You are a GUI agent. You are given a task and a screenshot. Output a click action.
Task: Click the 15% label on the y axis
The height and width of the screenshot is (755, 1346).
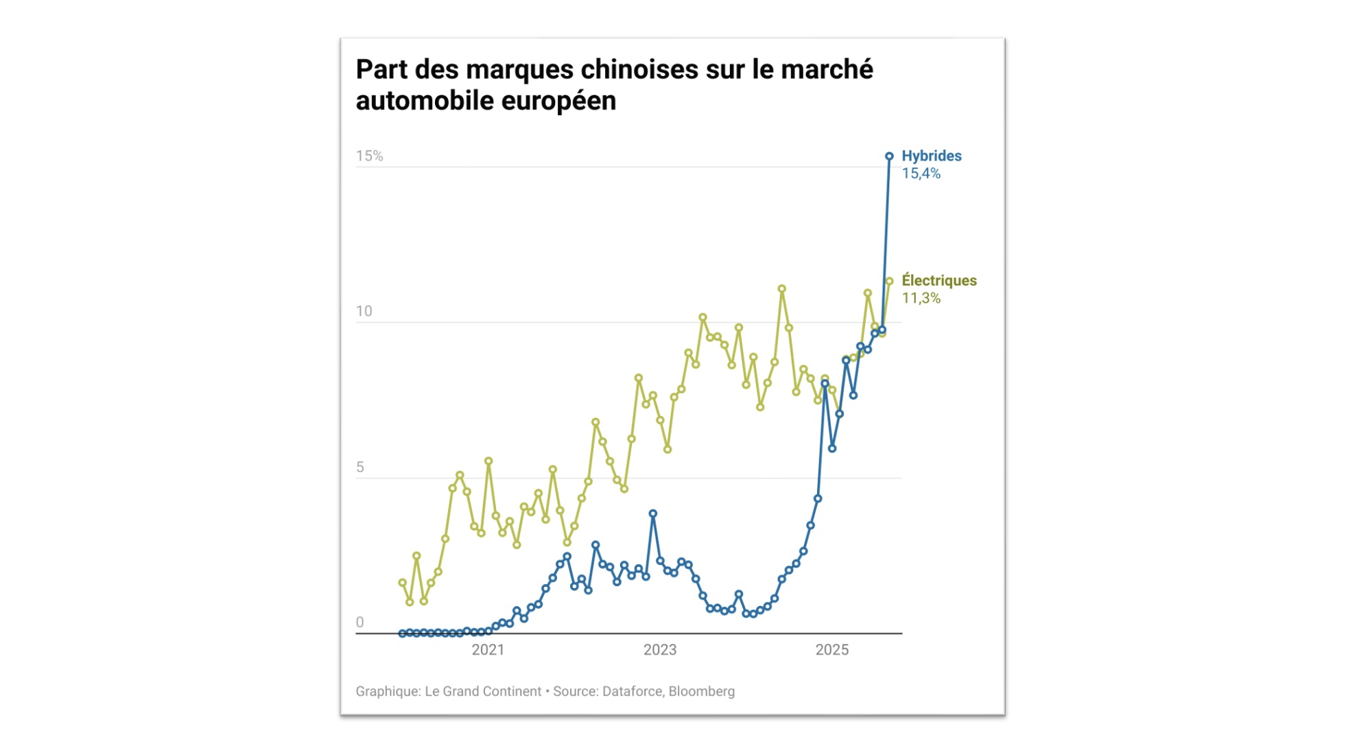coord(369,156)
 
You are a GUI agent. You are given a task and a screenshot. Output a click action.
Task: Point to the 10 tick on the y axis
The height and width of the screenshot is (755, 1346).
coord(364,312)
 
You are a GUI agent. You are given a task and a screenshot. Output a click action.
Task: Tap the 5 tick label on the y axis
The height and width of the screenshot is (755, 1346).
coord(360,467)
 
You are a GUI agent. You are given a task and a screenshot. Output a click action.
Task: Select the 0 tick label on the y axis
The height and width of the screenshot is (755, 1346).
coord(359,623)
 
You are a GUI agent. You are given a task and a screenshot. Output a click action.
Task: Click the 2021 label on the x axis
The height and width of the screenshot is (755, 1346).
coord(488,650)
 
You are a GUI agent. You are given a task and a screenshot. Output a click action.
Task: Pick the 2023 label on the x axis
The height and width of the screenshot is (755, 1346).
coord(659,650)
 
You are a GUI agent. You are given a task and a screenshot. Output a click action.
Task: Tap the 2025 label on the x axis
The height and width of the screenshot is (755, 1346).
coord(831,650)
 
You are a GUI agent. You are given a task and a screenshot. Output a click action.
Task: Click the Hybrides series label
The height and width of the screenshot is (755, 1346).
coord(931,156)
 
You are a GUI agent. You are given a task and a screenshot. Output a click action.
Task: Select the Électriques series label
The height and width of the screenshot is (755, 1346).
coord(938,281)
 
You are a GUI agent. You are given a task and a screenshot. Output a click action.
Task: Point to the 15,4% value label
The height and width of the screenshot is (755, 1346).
coord(921,174)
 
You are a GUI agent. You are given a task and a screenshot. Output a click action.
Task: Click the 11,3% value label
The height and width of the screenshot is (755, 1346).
coord(921,299)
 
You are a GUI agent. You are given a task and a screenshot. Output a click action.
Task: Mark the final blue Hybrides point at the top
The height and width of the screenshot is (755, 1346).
coord(889,156)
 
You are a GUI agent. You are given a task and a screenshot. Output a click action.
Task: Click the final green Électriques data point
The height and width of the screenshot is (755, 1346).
coord(889,281)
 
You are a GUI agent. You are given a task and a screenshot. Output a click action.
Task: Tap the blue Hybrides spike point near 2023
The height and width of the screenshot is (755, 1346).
coord(653,513)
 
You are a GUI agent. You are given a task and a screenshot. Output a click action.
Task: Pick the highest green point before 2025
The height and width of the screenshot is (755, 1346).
coord(781,289)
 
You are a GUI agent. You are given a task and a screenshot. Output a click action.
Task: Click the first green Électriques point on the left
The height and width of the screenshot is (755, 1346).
coord(402,583)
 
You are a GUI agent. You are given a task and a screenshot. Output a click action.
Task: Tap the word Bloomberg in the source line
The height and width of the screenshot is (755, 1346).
coord(701,692)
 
